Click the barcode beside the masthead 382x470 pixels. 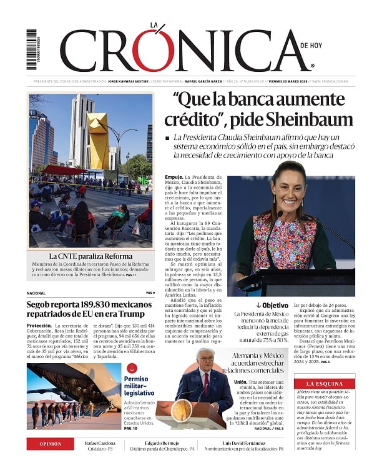pos(31,49)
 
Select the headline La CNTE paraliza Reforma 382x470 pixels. pos(90,256)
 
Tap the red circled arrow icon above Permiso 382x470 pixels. pos(132,368)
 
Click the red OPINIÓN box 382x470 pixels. pos(51,444)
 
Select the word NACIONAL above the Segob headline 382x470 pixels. pos(36,292)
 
